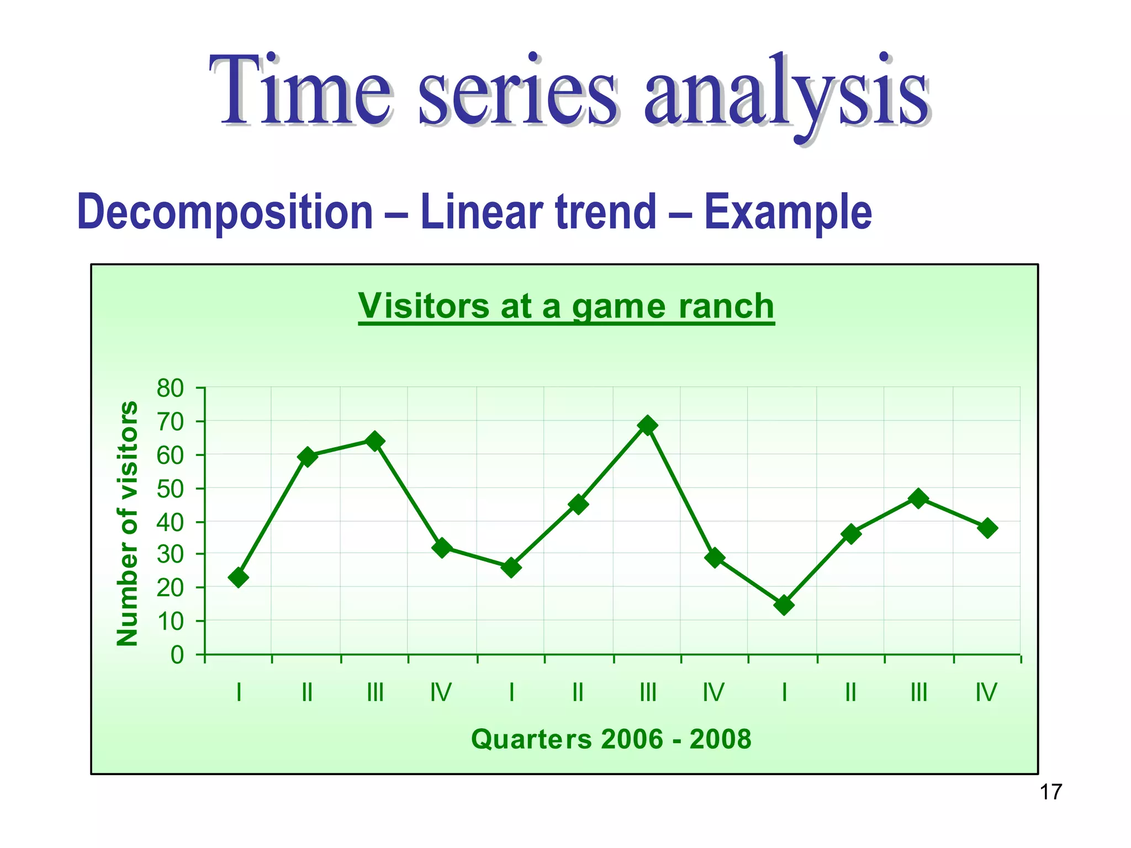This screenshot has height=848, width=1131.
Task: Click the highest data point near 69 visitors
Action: (x=647, y=425)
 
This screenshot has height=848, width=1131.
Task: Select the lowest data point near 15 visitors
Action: (x=784, y=605)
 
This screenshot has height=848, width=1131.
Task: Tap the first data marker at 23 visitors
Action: (x=238, y=577)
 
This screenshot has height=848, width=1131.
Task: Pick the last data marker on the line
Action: (x=987, y=528)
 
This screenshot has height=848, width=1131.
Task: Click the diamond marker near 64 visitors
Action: (x=375, y=441)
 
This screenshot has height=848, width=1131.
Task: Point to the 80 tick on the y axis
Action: (x=170, y=389)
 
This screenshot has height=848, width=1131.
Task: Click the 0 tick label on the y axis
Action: (x=177, y=655)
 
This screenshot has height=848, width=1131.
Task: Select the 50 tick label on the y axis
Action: (x=170, y=489)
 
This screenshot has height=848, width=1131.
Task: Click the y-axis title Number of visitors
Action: (x=128, y=523)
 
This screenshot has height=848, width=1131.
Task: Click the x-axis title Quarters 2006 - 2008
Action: (x=611, y=739)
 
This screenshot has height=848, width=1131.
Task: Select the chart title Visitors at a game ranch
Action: (x=566, y=306)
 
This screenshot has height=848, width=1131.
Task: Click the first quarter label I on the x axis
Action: (x=239, y=692)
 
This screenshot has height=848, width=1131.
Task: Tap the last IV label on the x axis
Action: (x=986, y=692)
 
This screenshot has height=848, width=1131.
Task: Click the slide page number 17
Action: (x=1050, y=792)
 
